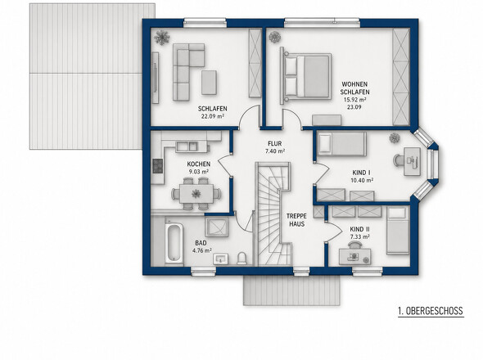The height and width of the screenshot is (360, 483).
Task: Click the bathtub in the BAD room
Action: click(x=174, y=243)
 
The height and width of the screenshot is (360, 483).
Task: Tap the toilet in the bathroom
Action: click(x=241, y=259)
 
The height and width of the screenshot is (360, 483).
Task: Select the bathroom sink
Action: click(x=220, y=259)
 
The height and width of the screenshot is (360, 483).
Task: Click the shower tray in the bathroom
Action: click(x=217, y=227)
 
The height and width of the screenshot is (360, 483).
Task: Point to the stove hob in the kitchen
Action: click(x=158, y=165)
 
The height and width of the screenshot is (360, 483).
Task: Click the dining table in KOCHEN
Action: click(x=196, y=194)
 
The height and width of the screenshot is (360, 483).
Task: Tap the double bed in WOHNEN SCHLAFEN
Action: click(x=307, y=76)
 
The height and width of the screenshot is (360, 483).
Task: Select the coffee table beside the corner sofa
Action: click(x=209, y=82)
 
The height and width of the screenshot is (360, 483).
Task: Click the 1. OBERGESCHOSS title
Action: click(x=431, y=311)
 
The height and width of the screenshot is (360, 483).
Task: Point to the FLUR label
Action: click(x=274, y=143)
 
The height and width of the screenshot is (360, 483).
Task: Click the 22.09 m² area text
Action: click(x=212, y=116)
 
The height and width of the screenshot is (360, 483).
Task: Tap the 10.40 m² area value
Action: click(x=362, y=180)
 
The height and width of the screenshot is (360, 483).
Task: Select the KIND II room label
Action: click(x=359, y=229)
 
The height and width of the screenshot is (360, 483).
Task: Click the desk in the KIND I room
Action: click(x=412, y=161)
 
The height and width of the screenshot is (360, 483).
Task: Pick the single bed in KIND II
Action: click(x=398, y=231)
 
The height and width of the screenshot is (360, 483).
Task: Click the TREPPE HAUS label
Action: click(x=297, y=220)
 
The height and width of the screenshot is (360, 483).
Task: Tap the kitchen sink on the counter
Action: click(x=187, y=146)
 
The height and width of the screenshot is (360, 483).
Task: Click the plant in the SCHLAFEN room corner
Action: click(x=161, y=38)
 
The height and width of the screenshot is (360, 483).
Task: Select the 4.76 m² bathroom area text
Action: click(x=201, y=250)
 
